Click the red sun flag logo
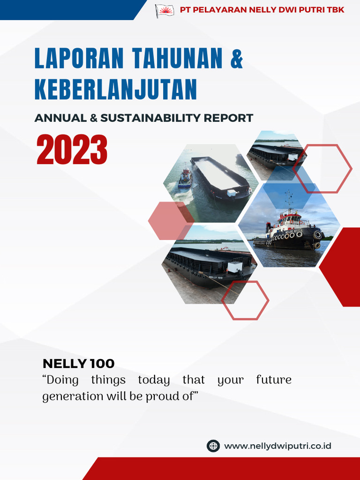[x=165, y=10]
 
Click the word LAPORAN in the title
[x=79, y=58]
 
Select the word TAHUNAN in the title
[x=177, y=58]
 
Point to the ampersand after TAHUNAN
[x=237, y=58]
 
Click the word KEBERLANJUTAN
[x=115, y=90]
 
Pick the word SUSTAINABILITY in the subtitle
[x=151, y=118]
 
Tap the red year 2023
[x=72, y=150]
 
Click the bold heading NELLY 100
[x=78, y=363]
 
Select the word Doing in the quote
[x=60, y=379]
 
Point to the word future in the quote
[x=274, y=379]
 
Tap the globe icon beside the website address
[x=213, y=446]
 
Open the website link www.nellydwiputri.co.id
[x=277, y=446]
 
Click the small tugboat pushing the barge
[x=185, y=178]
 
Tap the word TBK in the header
[x=335, y=10]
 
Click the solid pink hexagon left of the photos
[x=169, y=220]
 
